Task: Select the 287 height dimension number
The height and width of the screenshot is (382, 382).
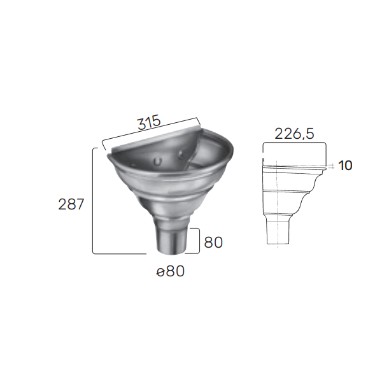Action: [71, 204]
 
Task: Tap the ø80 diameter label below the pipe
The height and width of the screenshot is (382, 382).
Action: [170, 272]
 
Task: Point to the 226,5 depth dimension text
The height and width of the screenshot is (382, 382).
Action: [294, 134]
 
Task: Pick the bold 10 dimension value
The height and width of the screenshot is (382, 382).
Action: [345, 166]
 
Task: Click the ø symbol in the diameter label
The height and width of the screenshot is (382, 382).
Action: [160, 272]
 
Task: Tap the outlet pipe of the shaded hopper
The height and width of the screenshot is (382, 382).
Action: [171, 241]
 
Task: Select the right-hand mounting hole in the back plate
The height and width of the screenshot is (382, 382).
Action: [181, 154]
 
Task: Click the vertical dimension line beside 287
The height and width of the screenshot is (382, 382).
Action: [94, 204]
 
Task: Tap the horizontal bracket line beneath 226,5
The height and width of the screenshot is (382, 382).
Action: [294, 145]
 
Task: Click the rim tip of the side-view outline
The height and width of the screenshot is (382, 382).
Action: [325, 167]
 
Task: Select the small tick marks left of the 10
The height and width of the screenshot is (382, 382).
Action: [333, 167]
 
